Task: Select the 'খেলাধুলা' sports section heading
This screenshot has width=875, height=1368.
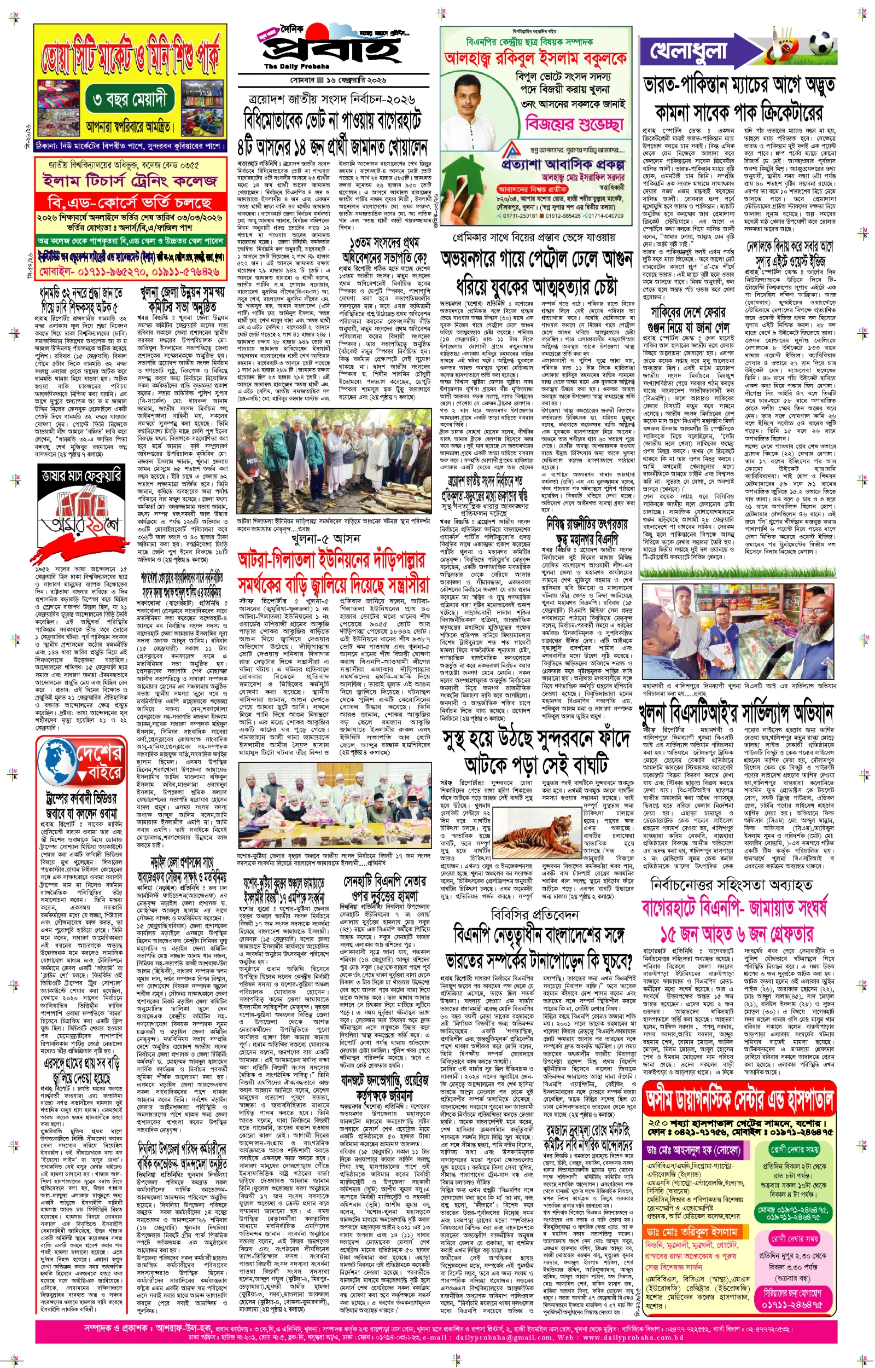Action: pyautogui.click(x=688, y=50)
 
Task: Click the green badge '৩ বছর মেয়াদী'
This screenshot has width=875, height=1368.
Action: pyautogui.click(x=129, y=101)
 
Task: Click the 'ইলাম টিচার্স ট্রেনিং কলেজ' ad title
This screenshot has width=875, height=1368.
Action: pyautogui.click(x=130, y=181)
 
